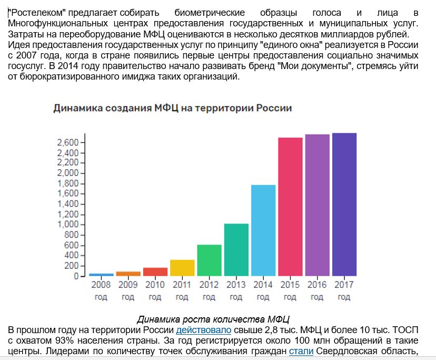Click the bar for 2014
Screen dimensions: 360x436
(x=263, y=230)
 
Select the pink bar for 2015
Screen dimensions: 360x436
(x=290, y=207)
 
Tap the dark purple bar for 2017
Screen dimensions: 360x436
(x=344, y=205)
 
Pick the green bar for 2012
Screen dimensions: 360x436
(x=209, y=260)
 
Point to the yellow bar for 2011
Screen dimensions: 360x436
(x=182, y=268)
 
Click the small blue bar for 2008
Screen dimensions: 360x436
(x=101, y=275)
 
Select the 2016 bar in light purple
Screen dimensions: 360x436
(x=317, y=205)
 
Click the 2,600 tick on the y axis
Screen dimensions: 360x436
(x=67, y=143)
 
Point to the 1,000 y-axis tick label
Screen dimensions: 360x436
(x=67, y=225)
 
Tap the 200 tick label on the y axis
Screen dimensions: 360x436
(x=71, y=266)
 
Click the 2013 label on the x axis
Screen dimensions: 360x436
(x=236, y=285)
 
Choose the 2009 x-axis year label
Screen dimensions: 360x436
(x=128, y=285)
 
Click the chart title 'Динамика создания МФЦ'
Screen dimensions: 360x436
(x=173, y=108)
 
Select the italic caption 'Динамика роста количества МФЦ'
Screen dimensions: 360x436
(x=214, y=320)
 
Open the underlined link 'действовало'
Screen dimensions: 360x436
(x=203, y=330)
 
